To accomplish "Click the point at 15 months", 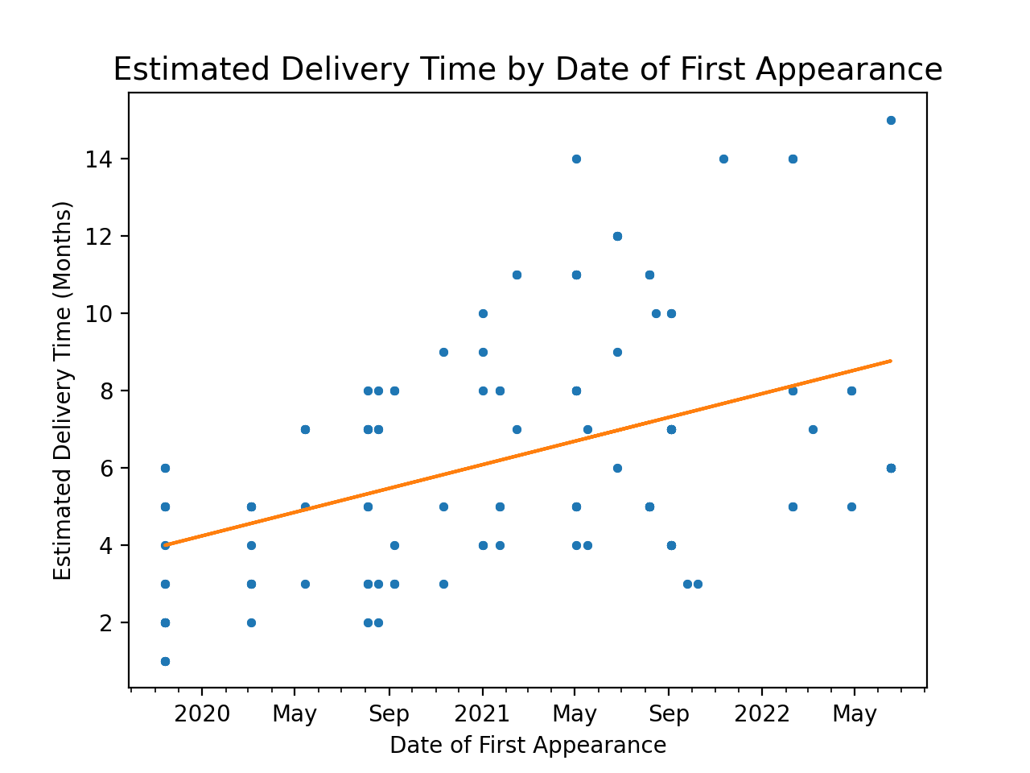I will tap(891, 120).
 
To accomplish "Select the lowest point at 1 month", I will tap(165, 661).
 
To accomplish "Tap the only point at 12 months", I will tap(617, 236).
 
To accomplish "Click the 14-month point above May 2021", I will tap(576, 159).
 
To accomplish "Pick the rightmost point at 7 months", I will tap(813, 429).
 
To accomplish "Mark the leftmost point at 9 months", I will tap(443, 352).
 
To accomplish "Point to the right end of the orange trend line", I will tap(891, 361).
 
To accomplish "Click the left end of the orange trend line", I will tap(165, 545).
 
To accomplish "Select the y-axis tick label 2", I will tap(104, 623).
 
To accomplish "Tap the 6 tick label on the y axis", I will tap(104, 469).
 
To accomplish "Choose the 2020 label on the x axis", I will tap(202, 714).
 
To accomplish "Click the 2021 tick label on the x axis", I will tap(483, 714).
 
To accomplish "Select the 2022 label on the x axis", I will tap(762, 714).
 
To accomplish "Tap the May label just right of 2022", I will tap(855, 714).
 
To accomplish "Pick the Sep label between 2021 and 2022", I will tap(669, 714).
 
